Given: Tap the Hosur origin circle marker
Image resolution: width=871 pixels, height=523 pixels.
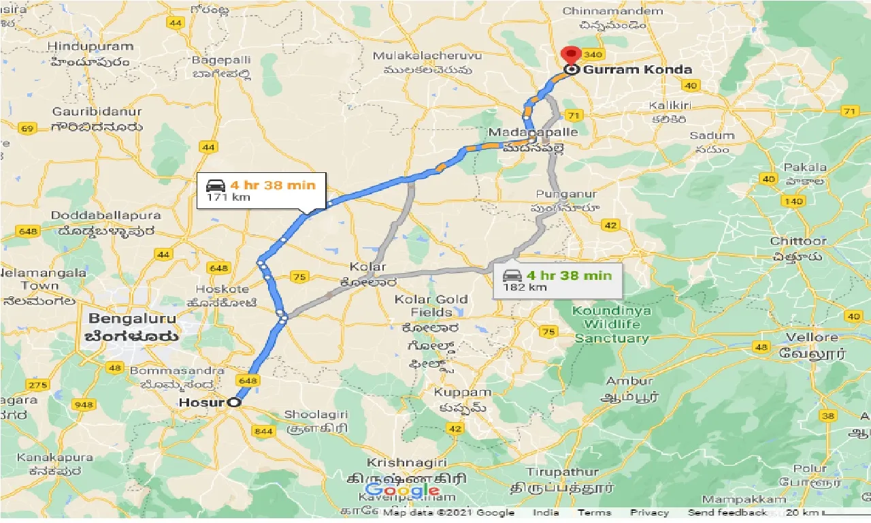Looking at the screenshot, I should click(x=234, y=402).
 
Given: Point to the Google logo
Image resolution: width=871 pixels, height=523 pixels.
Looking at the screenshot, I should click(x=401, y=490).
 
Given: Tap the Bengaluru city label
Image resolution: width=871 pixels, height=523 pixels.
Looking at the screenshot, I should click(x=132, y=319).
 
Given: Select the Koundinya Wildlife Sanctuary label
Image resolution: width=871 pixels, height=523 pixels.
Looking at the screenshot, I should click(x=612, y=324).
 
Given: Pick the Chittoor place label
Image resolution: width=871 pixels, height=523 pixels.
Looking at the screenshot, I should click(x=798, y=241).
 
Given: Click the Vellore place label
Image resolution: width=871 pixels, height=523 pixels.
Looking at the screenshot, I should click(x=812, y=338).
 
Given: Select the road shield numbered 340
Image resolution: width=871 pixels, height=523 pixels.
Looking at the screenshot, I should click(x=593, y=54).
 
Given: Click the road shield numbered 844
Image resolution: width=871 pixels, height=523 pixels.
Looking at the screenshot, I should click(x=262, y=431).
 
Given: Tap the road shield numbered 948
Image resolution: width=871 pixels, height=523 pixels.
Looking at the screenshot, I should click(x=84, y=405).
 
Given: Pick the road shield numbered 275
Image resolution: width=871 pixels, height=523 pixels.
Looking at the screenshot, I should click(x=38, y=385).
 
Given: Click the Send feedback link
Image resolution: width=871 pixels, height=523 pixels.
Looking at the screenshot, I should click(x=727, y=513).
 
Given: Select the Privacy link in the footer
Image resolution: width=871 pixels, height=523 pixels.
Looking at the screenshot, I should click(x=649, y=513).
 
